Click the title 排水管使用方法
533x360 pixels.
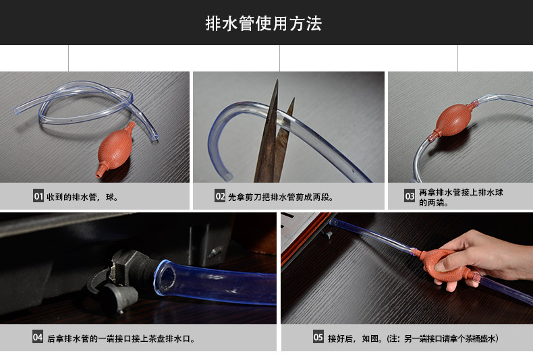(x=263, y=24)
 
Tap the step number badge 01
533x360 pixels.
(x=38, y=196)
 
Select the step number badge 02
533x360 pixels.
(x=220, y=196)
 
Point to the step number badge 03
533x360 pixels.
(x=410, y=196)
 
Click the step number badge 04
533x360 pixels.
(x=38, y=337)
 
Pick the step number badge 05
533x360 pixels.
(x=318, y=337)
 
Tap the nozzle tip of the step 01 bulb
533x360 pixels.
(x=99, y=174)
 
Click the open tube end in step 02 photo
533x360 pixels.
(x=228, y=177)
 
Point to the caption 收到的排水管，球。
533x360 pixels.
(x=82, y=197)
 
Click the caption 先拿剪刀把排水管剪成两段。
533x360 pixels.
(x=281, y=197)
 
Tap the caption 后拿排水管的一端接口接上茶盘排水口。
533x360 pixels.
(x=121, y=338)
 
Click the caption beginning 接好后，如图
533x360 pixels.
(x=413, y=338)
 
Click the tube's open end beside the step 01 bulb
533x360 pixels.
(x=155, y=138)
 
